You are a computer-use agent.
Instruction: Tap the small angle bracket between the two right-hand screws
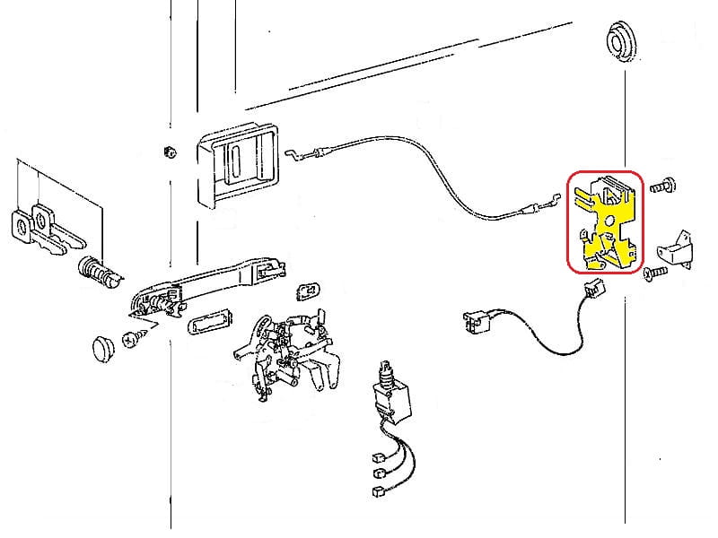(x=679, y=248)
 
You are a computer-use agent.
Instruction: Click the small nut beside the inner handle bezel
(x=170, y=150)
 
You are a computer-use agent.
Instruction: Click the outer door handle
(x=206, y=284)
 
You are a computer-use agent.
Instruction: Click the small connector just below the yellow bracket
(x=591, y=288)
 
